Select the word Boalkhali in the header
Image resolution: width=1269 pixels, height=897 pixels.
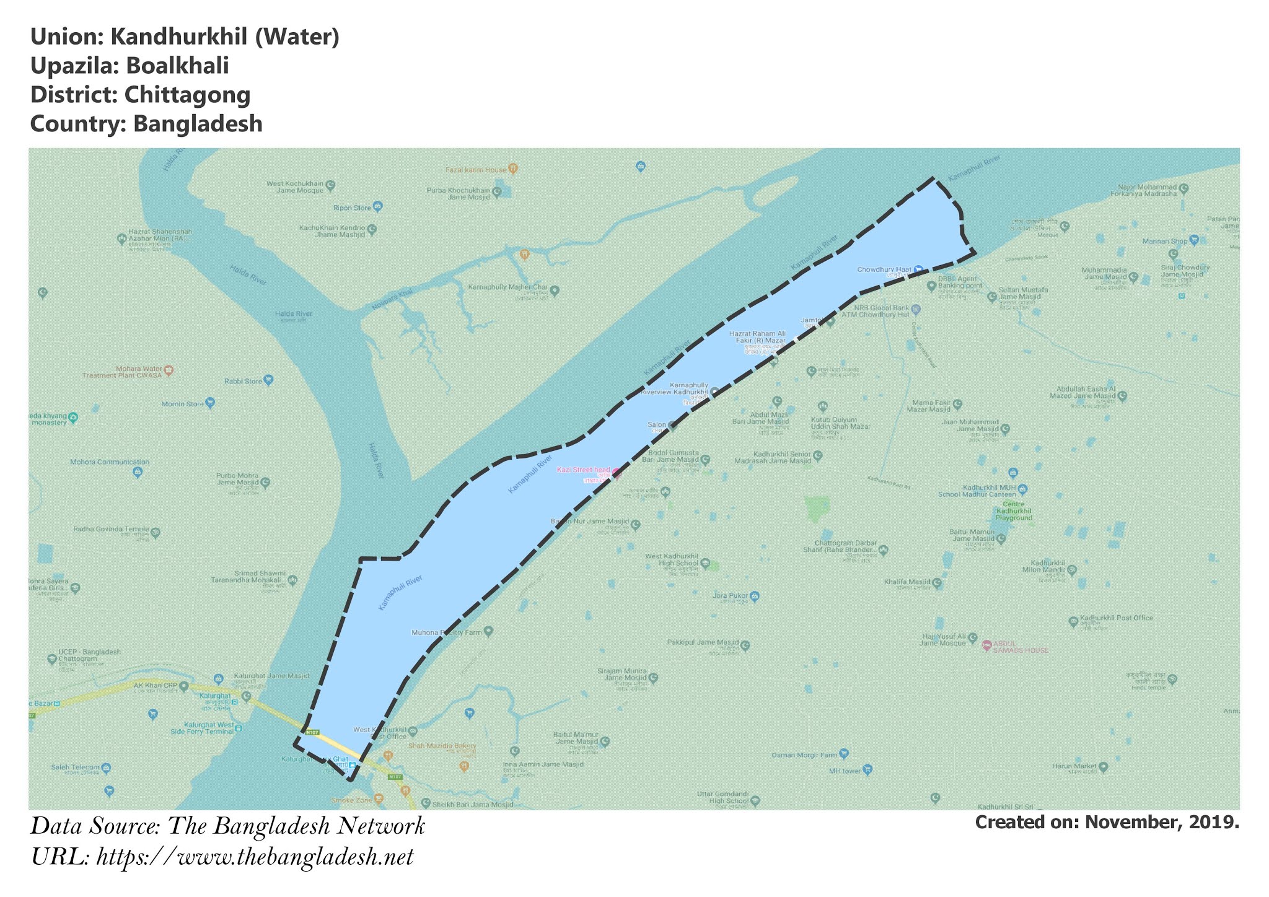pos(177,66)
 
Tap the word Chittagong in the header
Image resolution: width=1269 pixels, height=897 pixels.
pos(187,95)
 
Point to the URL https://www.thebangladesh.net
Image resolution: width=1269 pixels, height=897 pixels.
pos(255,857)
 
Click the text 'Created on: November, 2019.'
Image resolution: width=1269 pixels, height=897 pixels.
pos(1107,822)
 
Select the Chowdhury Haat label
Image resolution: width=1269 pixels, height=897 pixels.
pos(884,269)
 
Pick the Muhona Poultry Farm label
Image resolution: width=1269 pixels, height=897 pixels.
pos(447,632)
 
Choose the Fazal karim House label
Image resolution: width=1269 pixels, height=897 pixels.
pos(476,169)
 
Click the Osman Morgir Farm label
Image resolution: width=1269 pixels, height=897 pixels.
pos(804,755)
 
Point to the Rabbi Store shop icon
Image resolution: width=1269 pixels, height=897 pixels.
pos(268,380)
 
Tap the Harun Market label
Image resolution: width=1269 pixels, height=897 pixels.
pos(1074,767)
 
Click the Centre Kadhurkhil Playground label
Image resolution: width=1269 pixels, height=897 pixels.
pos(1014,514)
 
